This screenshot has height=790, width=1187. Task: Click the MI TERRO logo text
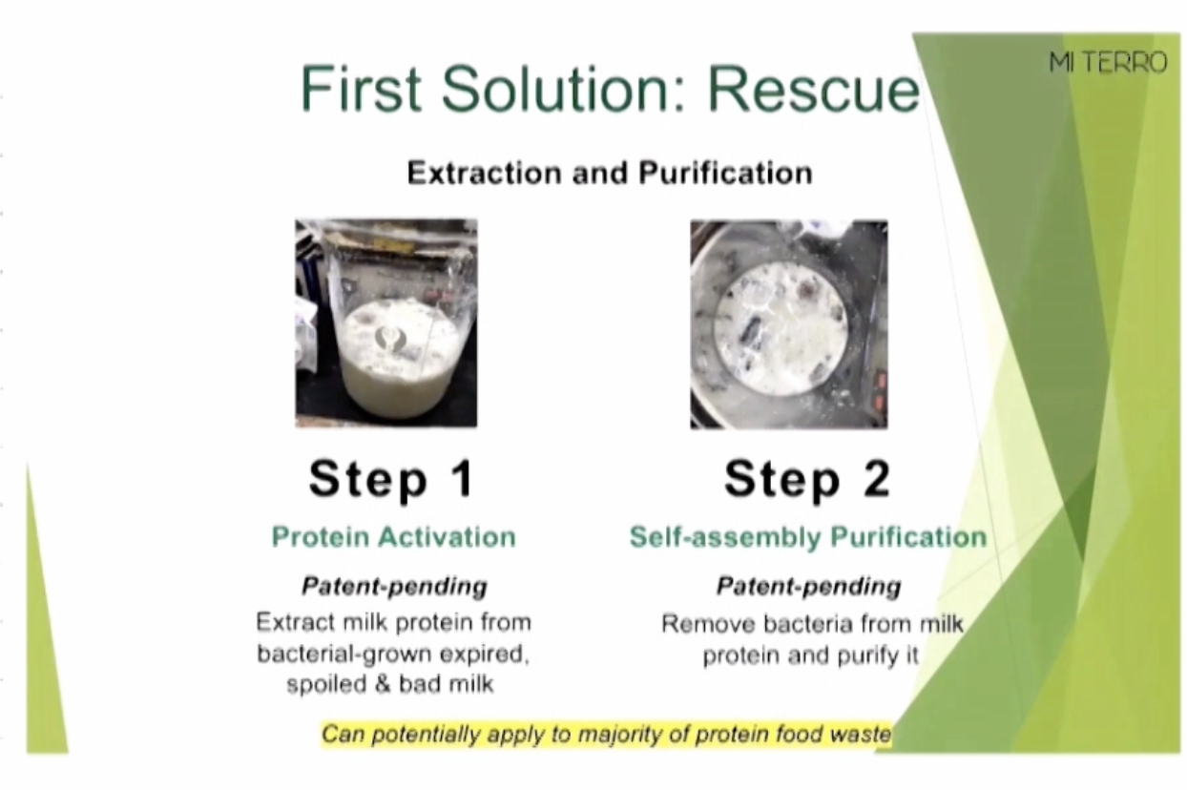pyautogui.click(x=1109, y=63)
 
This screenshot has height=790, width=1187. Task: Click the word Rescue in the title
pyautogui.click(x=813, y=89)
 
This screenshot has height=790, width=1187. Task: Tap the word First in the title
pyautogui.click(x=361, y=88)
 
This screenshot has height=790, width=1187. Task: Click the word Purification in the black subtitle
pyautogui.click(x=725, y=173)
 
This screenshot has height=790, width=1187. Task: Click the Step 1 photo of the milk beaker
pyautogui.click(x=386, y=322)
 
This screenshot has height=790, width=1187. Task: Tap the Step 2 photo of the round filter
pyautogui.click(x=788, y=324)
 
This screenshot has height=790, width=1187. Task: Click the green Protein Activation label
pyautogui.click(x=394, y=537)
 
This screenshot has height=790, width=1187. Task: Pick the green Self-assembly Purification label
pyautogui.click(x=808, y=537)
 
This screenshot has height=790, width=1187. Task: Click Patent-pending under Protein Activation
pyautogui.click(x=394, y=587)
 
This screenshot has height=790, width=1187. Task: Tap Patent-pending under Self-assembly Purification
pyautogui.click(x=808, y=587)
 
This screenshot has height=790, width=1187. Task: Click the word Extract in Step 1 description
pyautogui.click(x=296, y=622)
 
